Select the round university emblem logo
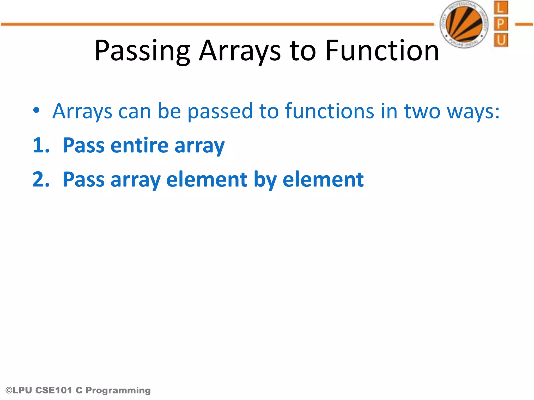pyautogui.click(x=464, y=24)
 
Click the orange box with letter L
pyautogui.click(x=501, y=8)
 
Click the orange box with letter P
pyautogui.click(x=501, y=24)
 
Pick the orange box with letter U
pyautogui.click(x=501, y=40)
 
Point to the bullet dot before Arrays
pyautogui.click(x=36, y=110)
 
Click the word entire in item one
pyautogui.click(x=139, y=145)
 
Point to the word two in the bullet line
pyautogui.click(x=422, y=111)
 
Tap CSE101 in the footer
pyautogui.click(x=53, y=390)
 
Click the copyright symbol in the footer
pyautogui.click(x=9, y=390)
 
